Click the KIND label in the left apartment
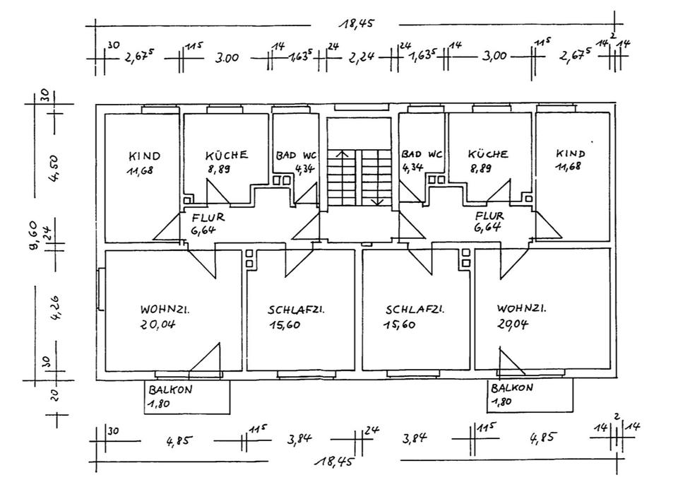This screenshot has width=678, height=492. [144, 156]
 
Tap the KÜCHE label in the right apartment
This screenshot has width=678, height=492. [488, 153]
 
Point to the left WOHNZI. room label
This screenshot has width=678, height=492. [167, 310]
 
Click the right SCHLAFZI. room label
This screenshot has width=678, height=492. [415, 310]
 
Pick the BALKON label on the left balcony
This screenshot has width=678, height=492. [170, 389]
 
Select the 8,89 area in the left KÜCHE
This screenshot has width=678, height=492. [219, 170]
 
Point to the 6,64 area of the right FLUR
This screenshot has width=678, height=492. [489, 228]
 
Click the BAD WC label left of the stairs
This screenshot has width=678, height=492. [295, 155]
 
